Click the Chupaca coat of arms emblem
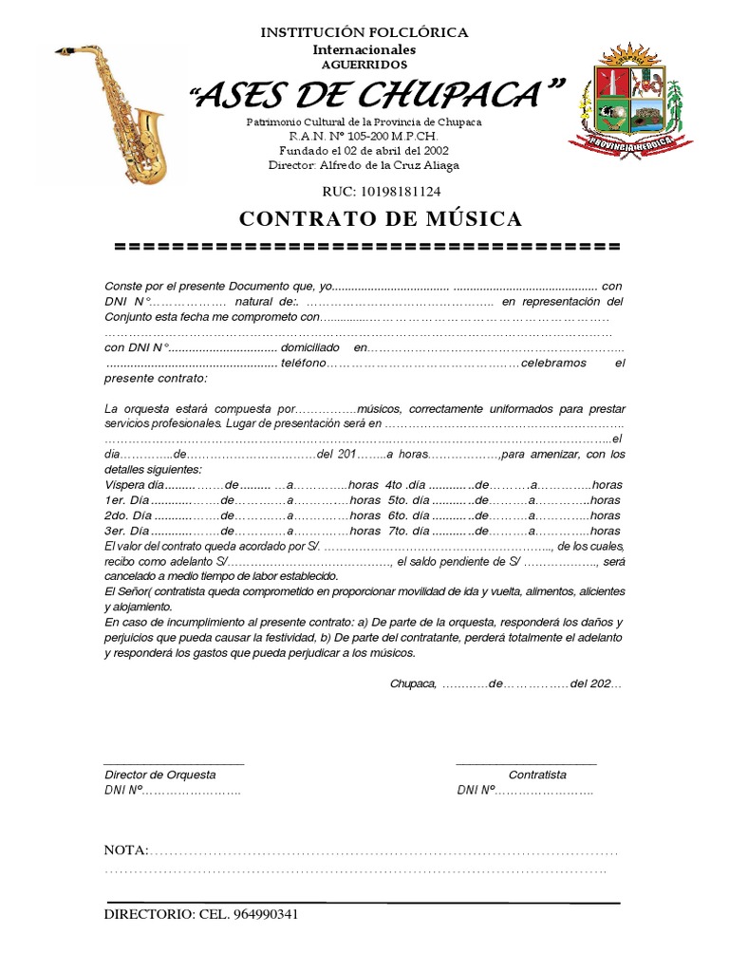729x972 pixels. click(x=631, y=100)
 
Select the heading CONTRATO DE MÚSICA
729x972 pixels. click(x=381, y=219)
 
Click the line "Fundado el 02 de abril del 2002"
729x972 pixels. click(x=364, y=151)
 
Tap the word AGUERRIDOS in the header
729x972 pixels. click(x=364, y=65)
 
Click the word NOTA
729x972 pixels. click(x=125, y=849)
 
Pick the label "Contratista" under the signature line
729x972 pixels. click(x=537, y=775)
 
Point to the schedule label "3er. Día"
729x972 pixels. click(x=127, y=531)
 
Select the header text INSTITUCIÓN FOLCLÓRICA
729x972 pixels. click(x=364, y=32)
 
